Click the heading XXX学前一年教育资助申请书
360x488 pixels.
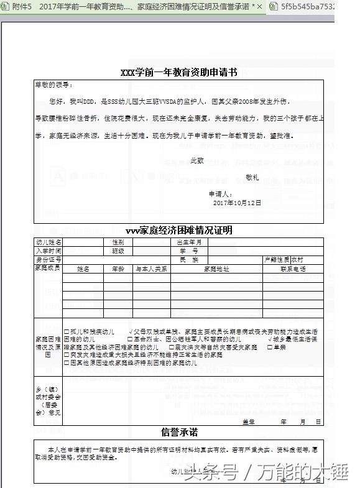178,73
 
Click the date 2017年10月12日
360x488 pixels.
237,203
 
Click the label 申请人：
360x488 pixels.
221,194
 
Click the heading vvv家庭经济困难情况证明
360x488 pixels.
178,230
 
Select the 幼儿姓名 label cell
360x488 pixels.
48,242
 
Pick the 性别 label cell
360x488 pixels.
118,242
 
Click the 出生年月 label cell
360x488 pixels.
190,242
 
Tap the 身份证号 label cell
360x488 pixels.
48,259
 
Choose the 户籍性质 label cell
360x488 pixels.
277,259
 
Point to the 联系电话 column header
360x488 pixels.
293,269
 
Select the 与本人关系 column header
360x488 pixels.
152,269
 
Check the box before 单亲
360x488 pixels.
270,348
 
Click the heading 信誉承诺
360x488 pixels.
179,432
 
